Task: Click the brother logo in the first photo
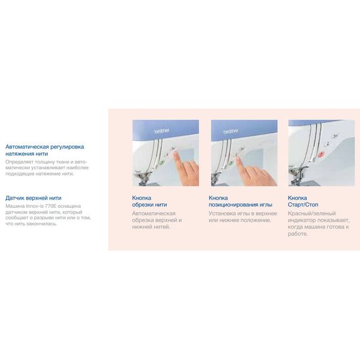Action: (x=162, y=131)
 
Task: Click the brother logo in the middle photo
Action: (x=231, y=131)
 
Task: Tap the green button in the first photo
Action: (x=162, y=163)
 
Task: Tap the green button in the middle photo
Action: (x=231, y=163)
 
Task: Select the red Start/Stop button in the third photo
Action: (x=321, y=154)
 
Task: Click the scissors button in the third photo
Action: (x=336, y=136)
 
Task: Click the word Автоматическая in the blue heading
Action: (x=27, y=147)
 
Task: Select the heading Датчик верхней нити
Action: (x=33, y=198)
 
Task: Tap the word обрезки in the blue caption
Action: (x=143, y=205)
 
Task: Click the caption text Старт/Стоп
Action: (x=303, y=205)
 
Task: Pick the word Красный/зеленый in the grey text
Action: (x=312, y=213)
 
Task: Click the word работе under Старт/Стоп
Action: (x=297, y=234)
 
